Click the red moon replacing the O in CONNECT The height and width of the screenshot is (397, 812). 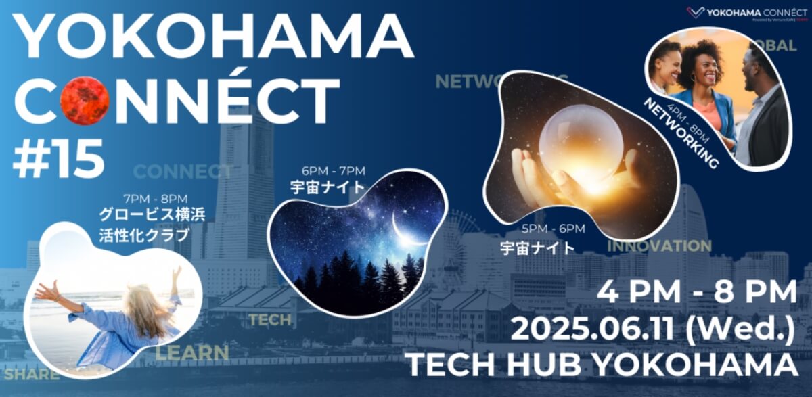point(85,101)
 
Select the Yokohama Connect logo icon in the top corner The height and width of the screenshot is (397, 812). point(696,11)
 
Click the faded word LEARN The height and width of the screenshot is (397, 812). point(193,352)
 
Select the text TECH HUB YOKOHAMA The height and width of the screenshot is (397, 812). point(602,365)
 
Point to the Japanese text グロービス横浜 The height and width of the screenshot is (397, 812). point(152,217)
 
